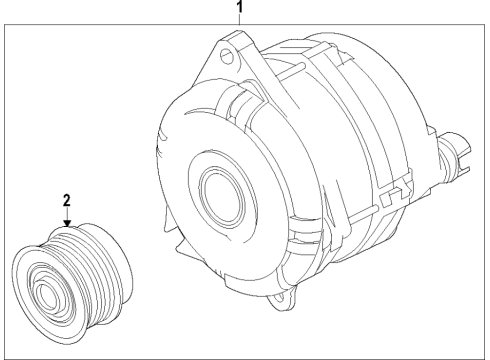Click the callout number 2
click(67, 200)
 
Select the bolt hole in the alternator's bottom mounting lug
click(291, 296)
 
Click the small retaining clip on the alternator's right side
click(400, 185)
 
